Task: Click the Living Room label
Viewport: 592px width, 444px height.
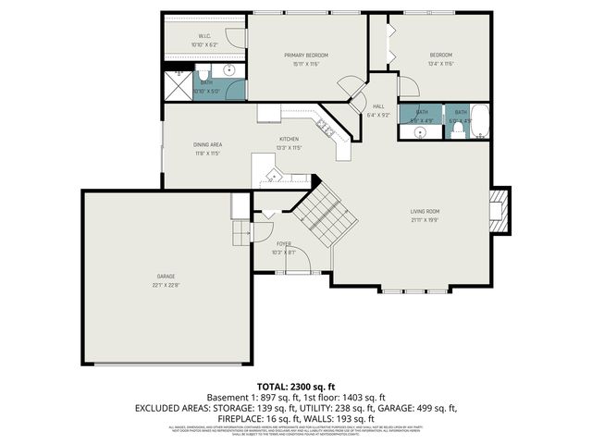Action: pyautogui.click(x=425, y=212)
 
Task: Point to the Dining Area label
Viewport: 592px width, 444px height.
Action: pyautogui.click(x=207, y=144)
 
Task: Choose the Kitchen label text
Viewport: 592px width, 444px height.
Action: pyautogui.click(x=290, y=140)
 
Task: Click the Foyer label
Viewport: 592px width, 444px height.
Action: pyautogui.click(x=284, y=243)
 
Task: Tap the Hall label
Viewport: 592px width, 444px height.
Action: pyautogui.click(x=379, y=105)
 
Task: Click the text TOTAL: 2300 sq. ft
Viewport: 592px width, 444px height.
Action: pyautogui.click(x=295, y=386)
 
